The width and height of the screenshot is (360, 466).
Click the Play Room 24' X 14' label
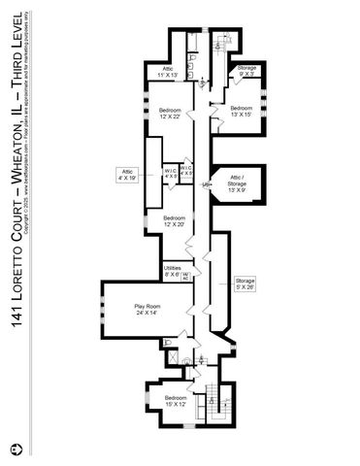(x=146, y=310)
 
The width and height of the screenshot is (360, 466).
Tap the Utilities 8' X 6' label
(x=173, y=272)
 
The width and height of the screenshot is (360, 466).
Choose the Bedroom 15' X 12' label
(x=176, y=402)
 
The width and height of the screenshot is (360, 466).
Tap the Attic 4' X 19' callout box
(x=127, y=175)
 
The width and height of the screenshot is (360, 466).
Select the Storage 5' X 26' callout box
(x=245, y=283)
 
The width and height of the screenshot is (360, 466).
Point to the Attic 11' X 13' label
(x=168, y=71)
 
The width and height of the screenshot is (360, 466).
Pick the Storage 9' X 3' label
(x=246, y=71)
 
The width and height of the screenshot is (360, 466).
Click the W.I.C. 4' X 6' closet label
(x=171, y=173)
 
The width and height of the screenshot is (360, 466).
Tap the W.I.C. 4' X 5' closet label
(x=186, y=173)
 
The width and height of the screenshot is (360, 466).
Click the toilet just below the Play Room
(x=170, y=343)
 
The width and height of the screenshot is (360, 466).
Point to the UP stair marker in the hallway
(x=206, y=183)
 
